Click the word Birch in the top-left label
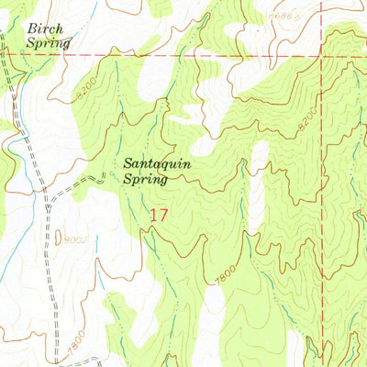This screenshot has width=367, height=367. click(43, 28)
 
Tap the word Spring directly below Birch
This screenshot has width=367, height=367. click(48, 42)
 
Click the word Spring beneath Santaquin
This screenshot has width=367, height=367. click(145, 181)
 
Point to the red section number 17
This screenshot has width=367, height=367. click(159, 217)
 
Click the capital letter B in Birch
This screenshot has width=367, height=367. click(32, 28)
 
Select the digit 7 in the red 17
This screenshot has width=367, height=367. click(163, 217)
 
